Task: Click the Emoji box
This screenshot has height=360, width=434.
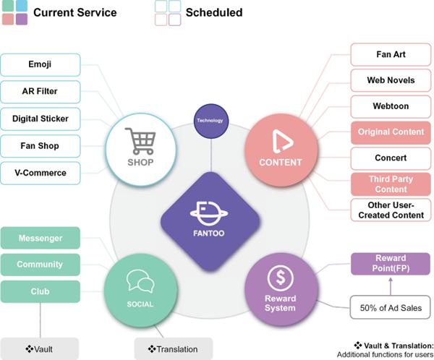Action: coord(41,64)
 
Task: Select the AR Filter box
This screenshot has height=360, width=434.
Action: coord(41,92)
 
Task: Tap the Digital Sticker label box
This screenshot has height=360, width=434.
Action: coord(41,119)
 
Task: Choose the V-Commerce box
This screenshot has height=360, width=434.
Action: coord(41,173)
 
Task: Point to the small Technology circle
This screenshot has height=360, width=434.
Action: coord(210,121)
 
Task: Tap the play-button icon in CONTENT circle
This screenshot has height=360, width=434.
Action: coord(280,141)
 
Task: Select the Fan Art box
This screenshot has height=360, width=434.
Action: coord(391,53)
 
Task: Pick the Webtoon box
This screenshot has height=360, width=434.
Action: coord(391,106)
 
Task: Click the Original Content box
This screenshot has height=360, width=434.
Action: coord(391,132)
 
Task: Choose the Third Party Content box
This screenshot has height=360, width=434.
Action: coord(391,184)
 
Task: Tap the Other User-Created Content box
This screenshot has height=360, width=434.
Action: coord(391,210)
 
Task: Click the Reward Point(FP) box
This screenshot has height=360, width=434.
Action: coord(391,263)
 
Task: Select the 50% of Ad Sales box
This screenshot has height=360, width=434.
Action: coord(391,308)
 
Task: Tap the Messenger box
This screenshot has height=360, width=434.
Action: coord(41,238)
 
